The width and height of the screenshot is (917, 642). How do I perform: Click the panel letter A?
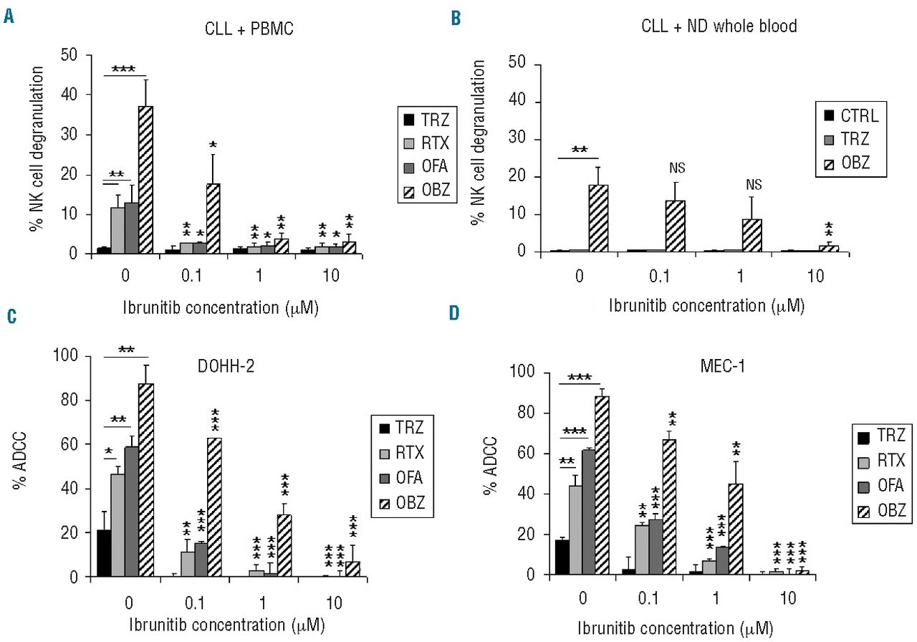point(9,15)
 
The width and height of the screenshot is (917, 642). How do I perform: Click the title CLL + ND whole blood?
point(719,27)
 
